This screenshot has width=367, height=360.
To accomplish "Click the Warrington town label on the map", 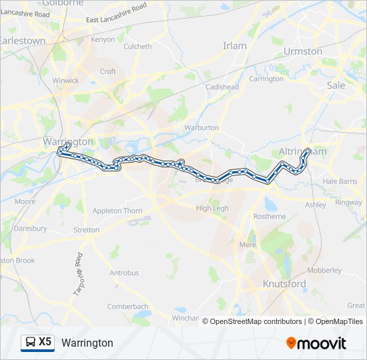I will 68,141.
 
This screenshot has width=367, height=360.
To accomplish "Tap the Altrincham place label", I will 303,152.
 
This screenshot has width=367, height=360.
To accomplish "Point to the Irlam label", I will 234,46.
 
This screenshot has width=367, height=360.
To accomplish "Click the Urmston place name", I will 302,51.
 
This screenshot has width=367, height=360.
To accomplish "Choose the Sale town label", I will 336,85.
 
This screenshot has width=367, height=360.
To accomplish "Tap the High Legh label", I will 212,209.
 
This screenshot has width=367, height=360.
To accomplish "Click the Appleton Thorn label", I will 117,211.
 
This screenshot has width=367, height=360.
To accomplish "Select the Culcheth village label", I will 137,47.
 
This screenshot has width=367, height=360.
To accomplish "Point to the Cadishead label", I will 222,87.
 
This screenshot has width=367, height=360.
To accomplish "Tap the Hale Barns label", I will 340,181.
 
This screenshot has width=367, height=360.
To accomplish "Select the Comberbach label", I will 127,307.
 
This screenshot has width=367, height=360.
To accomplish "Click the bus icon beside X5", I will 31,343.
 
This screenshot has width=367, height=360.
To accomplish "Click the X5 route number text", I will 45,342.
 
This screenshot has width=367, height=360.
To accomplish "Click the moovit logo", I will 316,343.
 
